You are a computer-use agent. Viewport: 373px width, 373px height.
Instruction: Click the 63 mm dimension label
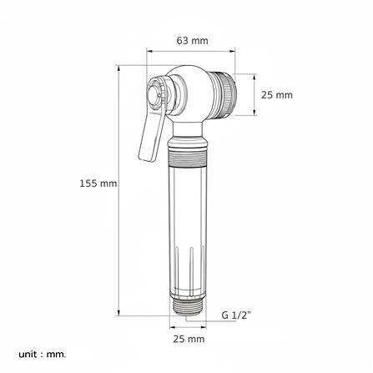[192, 41]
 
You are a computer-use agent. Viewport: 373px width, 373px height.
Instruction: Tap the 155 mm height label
[98, 184]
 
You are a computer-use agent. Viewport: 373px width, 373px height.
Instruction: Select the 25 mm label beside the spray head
[277, 95]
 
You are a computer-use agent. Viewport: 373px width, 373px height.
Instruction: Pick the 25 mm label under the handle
[189, 339]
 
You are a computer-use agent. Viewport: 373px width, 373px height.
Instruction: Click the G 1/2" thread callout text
[236, 315]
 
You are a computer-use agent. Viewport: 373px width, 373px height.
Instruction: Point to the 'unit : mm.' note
[43, 355]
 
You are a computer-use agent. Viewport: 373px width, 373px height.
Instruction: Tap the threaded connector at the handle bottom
[188, 306]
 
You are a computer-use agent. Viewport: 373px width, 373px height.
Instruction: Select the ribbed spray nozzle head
[224, 95]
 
